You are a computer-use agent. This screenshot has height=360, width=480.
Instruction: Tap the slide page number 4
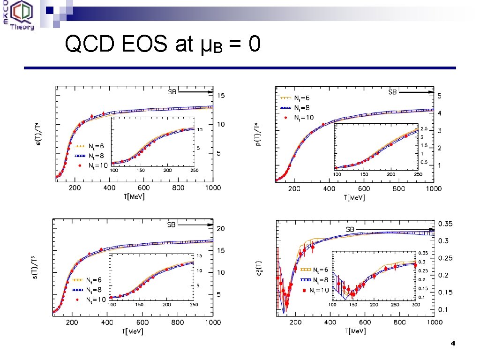click(452, 344)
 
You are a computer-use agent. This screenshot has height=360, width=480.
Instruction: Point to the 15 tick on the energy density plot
click(220, 96)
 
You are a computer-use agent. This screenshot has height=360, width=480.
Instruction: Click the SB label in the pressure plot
click(393, 92)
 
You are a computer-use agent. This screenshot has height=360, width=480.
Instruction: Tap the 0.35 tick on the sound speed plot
click(446, 224)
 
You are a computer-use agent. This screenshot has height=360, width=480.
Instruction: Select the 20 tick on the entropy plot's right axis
click(220, 229)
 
